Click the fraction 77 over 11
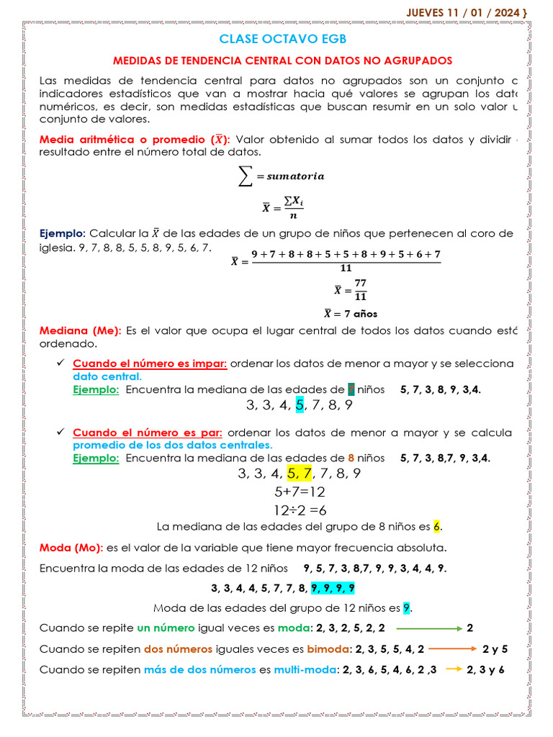(x=360, y=291)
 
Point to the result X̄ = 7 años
(x=351, y=314)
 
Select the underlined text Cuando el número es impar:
(x=150, y=363)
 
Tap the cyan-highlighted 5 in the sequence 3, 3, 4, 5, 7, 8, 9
(x=300, y=405)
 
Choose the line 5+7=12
(x=300, y=492)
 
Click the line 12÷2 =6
(x=300, y=510)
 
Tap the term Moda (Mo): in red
(x=71, y=546)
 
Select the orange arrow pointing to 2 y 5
(x=452, y=648)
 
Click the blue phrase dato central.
(x=107, y=376)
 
